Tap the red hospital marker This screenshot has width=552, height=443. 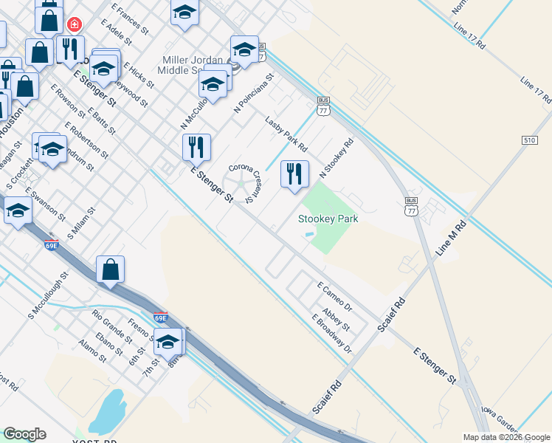(x=73, y=25)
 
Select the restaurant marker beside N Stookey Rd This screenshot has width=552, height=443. (x=294, y=174)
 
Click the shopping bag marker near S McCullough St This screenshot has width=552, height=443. (x=110, y=269)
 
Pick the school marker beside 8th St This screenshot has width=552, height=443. (x=168, y=341)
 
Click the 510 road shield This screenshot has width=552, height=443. (x=528, y=140)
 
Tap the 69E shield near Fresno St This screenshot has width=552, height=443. (x=160, y=317)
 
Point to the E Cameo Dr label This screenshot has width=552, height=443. (x=334, y=295)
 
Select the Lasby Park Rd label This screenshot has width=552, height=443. (x=286, y=134)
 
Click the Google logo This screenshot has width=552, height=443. (x=24, y=434)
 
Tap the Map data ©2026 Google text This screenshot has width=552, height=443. (x=506, y=437)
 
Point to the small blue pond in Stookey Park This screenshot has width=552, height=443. (x=308, y=235)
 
